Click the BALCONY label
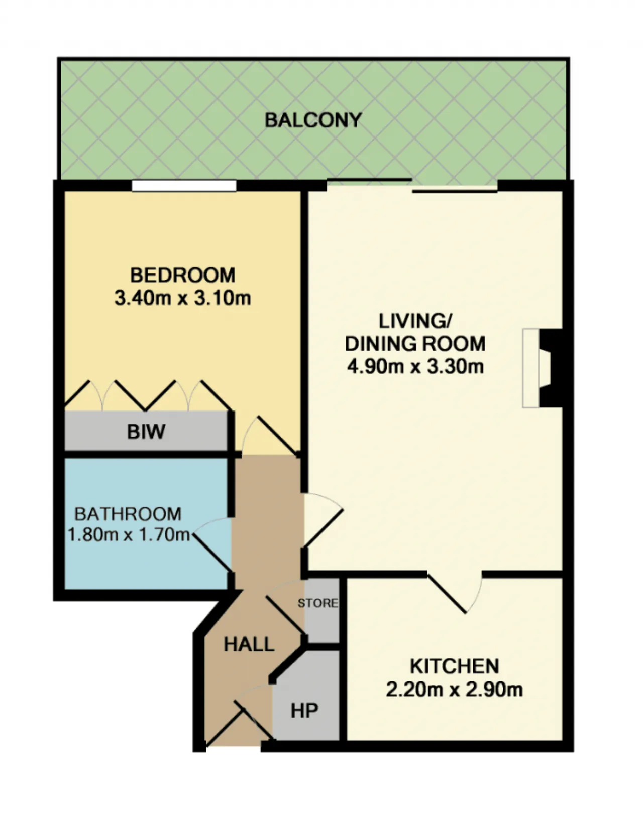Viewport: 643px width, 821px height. [313, 120]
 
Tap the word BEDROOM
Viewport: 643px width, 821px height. [182, 275]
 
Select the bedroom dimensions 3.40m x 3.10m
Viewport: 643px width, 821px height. [182, 298]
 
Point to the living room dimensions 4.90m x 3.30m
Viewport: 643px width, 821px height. [415, 366]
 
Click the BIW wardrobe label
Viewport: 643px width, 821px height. [146, 432]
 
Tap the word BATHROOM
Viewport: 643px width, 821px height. [128, 514]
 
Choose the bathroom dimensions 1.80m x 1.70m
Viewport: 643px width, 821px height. [129, 535]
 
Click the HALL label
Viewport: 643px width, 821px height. [249, 644]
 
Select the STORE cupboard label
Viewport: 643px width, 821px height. [317, 603]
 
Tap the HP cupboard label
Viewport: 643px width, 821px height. [304, 711]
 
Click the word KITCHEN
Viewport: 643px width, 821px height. [455, 666]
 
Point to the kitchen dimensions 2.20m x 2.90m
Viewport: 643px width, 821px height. [455, 690]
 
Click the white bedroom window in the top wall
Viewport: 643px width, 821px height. [184, 186]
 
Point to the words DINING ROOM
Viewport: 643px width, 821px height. [415, 344]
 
